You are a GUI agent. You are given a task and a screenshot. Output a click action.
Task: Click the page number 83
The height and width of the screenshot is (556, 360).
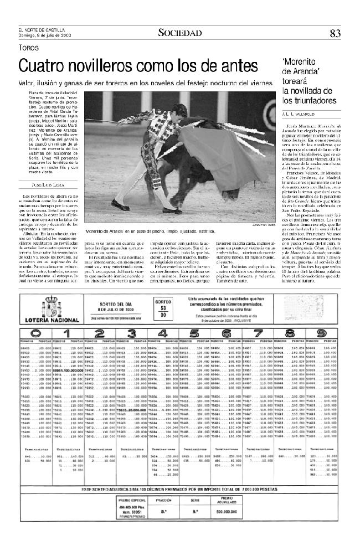point(335,33)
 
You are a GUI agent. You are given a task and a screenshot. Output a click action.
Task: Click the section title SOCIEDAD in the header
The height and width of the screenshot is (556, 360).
point(179,33)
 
